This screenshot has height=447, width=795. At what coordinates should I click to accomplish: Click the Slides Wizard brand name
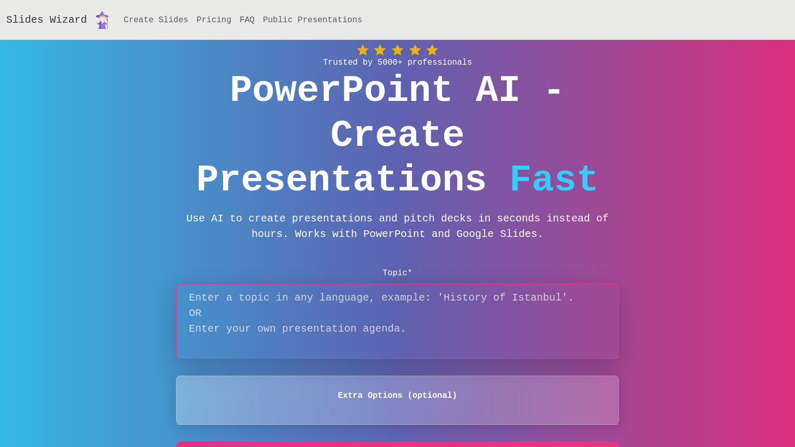tap(47, 20)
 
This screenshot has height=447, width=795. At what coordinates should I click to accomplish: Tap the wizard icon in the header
tap(102, 20)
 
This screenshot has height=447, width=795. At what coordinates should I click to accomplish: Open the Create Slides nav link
tap(156, 20)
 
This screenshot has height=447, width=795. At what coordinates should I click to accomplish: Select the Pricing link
tap(214, 20)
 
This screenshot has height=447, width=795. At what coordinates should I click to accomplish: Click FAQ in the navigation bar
tap(247, 20)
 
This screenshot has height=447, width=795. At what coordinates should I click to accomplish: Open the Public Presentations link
tap(312, 20)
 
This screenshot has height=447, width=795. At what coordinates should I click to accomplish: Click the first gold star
tap(363, 50)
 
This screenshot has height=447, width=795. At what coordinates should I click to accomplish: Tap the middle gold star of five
tap(397, 50)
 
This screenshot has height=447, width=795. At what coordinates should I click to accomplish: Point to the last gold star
tap(432, 50)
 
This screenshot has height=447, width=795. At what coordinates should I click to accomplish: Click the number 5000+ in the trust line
tap(390, 62)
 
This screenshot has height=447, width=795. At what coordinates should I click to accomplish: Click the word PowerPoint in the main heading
tap(341, 90)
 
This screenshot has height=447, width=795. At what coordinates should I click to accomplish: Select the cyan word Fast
tap(554, 180)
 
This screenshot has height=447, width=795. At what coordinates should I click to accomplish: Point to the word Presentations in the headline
tap(342, 180)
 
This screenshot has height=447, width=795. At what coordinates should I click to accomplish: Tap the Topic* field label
tap(397, 273)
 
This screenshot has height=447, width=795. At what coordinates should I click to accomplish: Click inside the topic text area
tap(397, 321)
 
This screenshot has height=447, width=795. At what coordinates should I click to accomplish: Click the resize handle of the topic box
tap(616, 356)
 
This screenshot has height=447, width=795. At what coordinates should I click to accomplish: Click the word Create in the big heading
tap(397, 135)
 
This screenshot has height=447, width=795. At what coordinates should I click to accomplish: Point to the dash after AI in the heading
tap(554, 92)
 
